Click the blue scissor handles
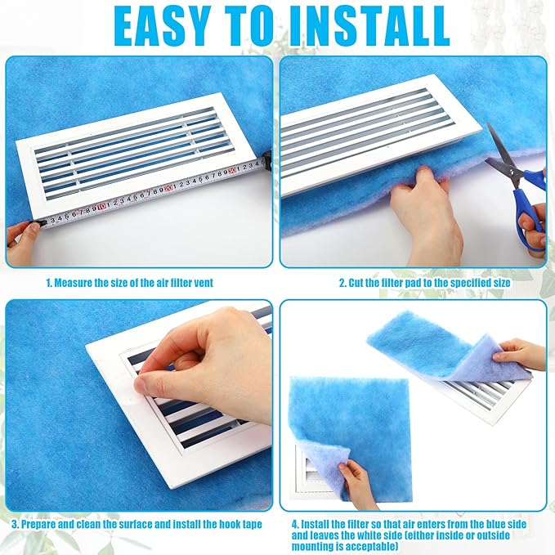tap(530, 204)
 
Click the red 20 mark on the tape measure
tap(168, 189)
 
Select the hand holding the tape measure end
tap(22, 235)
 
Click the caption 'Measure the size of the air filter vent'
tap(136, 283)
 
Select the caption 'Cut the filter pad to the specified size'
tap(425, 283)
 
